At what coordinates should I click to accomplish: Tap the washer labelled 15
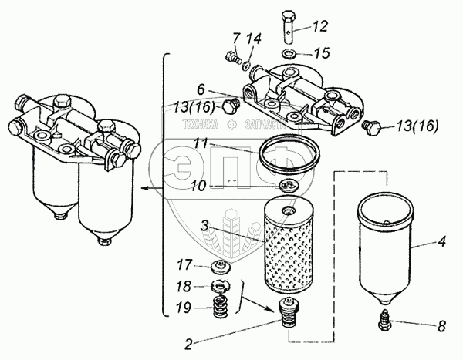[287, 53]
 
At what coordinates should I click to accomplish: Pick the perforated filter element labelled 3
[289, 247]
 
